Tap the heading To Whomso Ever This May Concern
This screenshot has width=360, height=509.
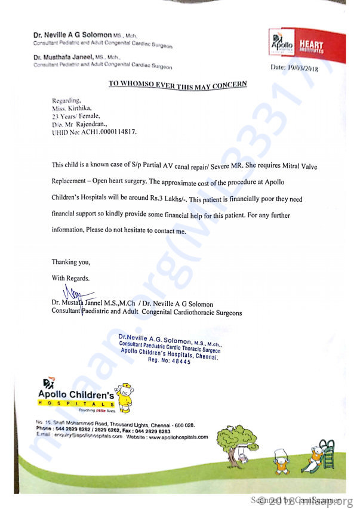click(x=177, y=84)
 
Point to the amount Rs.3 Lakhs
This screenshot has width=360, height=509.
click(x=236, y=198)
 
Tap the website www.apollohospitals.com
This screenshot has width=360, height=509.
click(x=179, y=437)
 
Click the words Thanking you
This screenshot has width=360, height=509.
click(x=71, y=262)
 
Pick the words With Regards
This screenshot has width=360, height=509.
click(x=71, y=277)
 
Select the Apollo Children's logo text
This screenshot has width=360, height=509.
click(x=75, y=394)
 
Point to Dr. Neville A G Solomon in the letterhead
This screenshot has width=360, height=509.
click(x=70, y=36)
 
